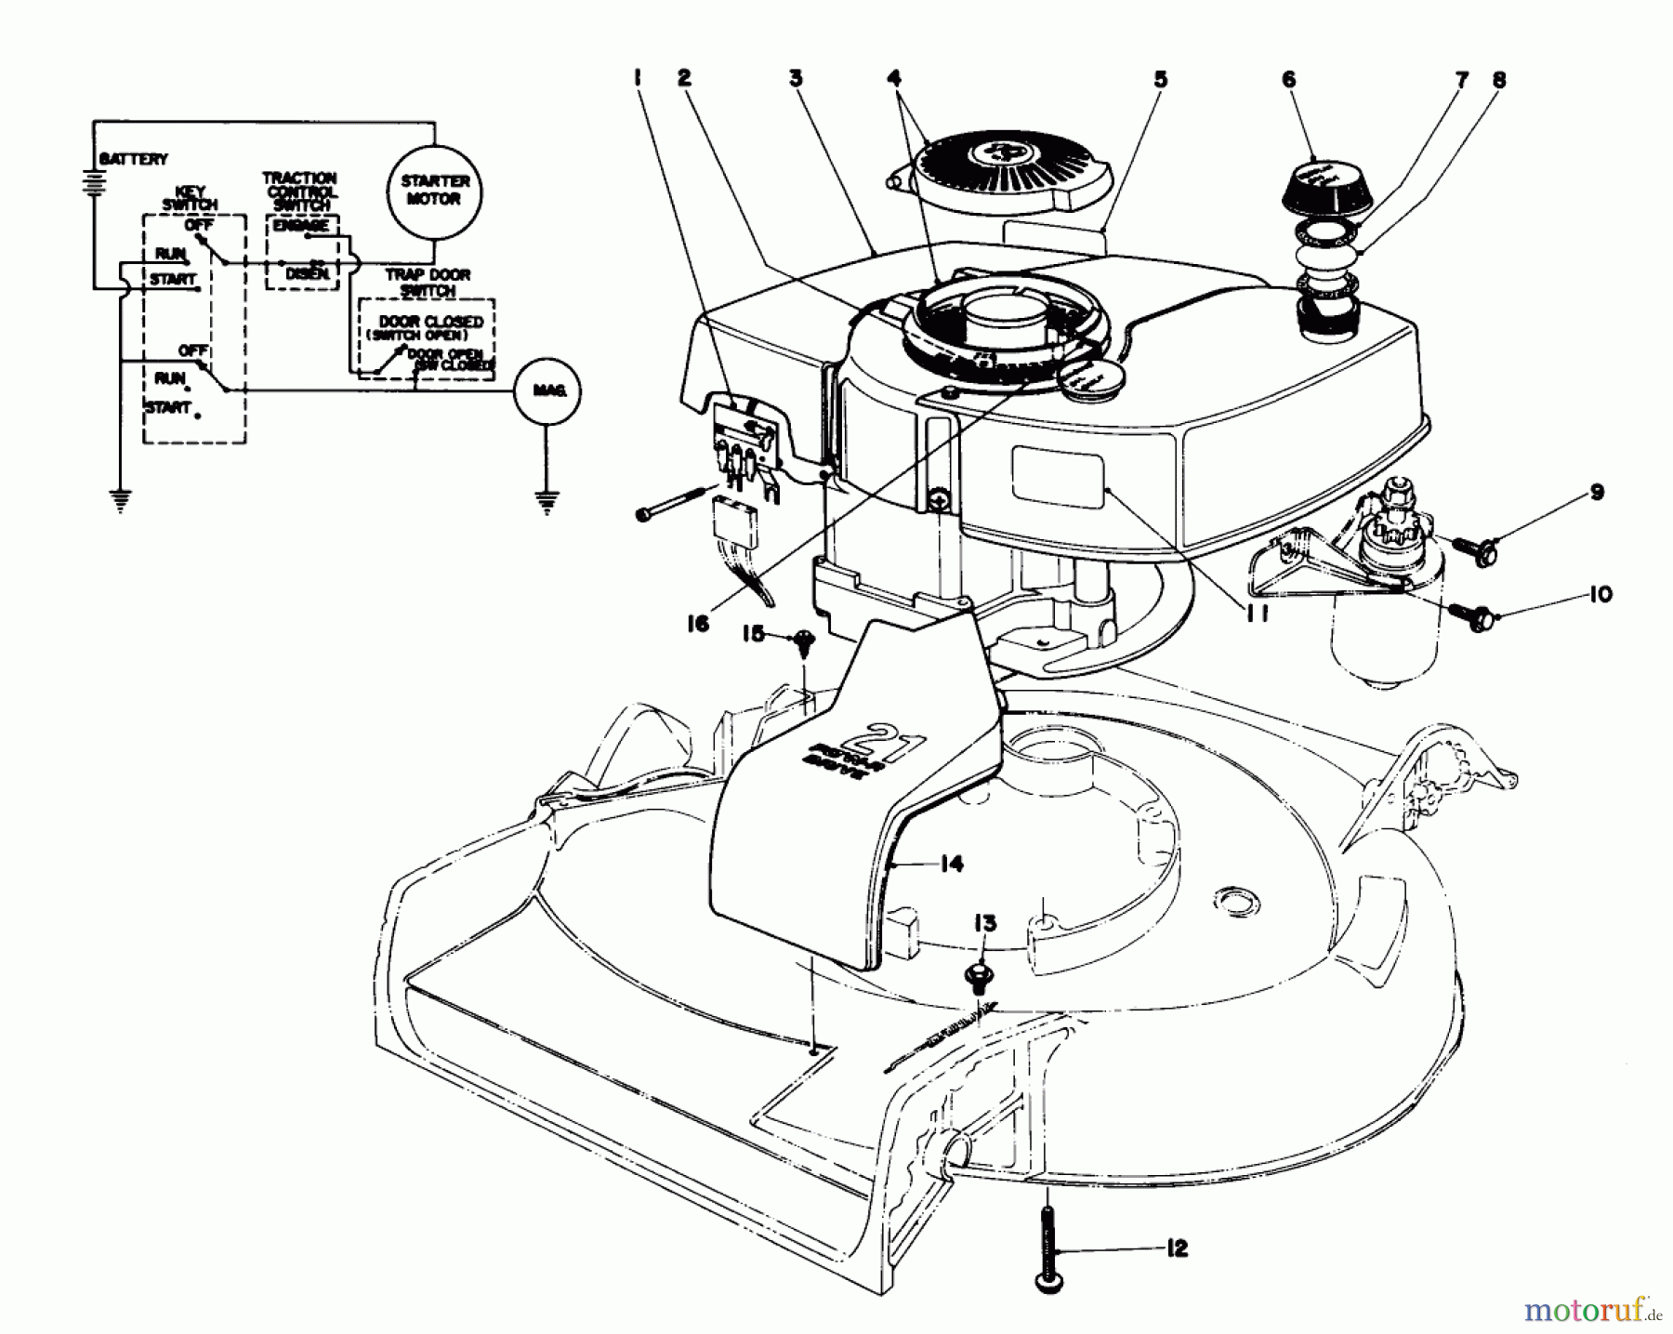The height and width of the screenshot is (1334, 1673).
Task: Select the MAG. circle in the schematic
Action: pos(547,391)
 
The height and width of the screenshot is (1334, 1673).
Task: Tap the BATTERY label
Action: pos(134,160)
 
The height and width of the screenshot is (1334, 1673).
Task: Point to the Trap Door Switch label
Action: pos(428,283)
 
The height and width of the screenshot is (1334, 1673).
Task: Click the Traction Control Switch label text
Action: pos(299,191)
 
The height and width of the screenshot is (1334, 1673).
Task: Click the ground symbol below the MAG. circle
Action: pos(547,502)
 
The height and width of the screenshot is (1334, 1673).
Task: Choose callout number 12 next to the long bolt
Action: pos(1176,1248)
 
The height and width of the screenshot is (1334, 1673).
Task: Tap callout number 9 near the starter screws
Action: pos(1597,492)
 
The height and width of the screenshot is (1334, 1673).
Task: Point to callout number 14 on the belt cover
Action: pos(950,865)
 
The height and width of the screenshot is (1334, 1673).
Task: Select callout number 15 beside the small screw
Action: pos(753,634)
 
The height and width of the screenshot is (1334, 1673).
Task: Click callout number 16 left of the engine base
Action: pos(697,624)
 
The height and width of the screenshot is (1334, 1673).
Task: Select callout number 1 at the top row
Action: pos(638,79)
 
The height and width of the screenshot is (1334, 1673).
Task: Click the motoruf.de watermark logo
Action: pos(1592,1311)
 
